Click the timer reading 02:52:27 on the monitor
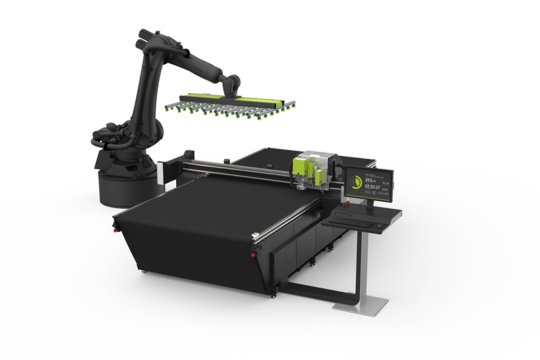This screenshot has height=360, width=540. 371,188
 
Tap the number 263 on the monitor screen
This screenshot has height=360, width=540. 369,180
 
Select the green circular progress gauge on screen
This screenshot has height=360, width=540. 356,182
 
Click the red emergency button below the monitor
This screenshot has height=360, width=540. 348,203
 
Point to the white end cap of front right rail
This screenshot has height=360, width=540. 254,236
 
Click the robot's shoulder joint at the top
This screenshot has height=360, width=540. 148,41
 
